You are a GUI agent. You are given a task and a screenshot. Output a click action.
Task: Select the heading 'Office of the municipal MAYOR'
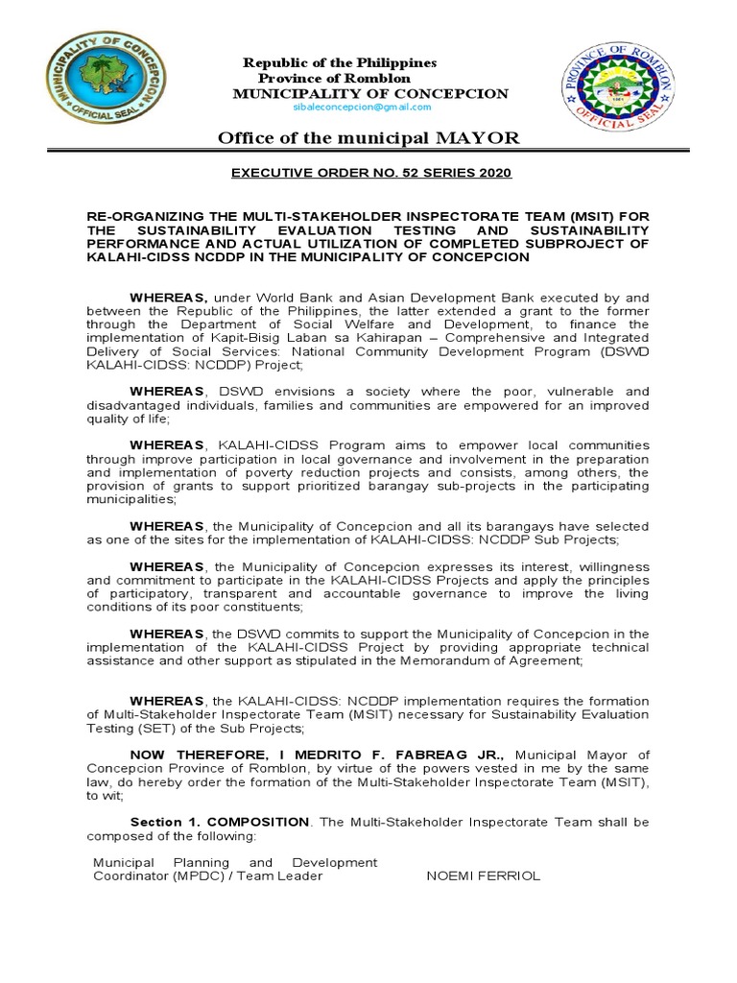(x=369, y=139)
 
